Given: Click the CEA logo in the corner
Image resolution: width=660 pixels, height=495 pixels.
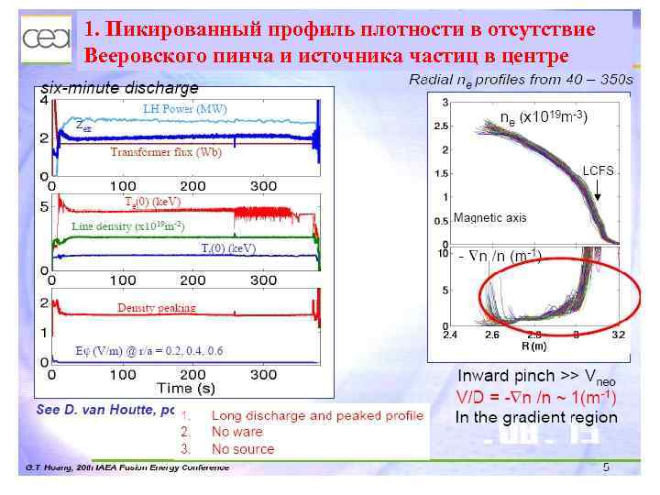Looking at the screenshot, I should [x=46, y=38].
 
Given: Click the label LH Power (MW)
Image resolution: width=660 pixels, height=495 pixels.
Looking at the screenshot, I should [x=185, y=109].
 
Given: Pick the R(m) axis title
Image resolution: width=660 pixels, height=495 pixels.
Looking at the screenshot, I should [x=534, y=346].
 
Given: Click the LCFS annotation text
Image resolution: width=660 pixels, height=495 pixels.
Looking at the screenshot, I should [x=598, y=171].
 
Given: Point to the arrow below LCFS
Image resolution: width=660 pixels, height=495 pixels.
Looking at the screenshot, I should [x=598, y=192].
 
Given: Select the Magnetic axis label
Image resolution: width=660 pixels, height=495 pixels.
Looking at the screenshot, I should [x=489, y=218].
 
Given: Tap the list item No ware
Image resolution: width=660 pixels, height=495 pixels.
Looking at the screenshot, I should [x=236, y=432].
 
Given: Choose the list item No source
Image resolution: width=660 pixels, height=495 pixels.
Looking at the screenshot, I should [x=242, y=449].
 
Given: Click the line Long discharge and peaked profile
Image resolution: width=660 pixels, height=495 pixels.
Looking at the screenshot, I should [x=317, y=415].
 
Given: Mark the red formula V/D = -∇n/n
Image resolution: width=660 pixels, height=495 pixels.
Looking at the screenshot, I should [x=536, y=397].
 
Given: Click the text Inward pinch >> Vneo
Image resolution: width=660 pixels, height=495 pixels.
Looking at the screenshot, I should [x=536, y=376].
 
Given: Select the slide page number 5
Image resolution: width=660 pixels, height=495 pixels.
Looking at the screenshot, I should [x=606, y=468].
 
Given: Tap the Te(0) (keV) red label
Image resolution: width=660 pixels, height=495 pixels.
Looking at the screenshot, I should [x=153, y=201].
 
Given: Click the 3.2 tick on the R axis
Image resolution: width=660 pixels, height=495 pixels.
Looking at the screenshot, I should [x=619, y=335].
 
